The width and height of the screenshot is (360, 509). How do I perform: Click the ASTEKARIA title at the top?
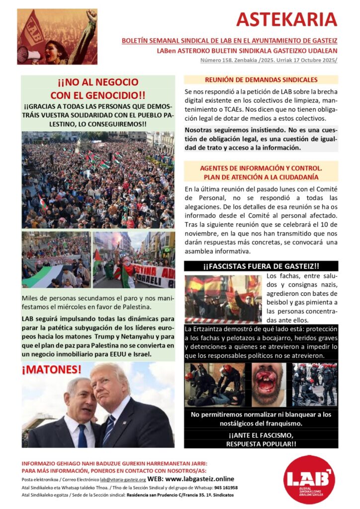click(x=286, y=19)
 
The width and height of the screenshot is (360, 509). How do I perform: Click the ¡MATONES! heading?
click(x=51, y=369)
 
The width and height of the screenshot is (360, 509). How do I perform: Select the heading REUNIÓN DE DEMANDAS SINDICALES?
click(x=261, y=80)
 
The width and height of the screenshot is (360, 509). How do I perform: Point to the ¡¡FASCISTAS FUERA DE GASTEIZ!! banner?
click(x=261, y=266)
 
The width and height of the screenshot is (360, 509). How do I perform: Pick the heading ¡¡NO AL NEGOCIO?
click(x=98, y=83)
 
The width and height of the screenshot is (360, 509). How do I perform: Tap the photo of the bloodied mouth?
click(x=269, y=385)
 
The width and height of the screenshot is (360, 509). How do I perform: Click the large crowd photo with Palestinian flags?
click(x=98, y=179)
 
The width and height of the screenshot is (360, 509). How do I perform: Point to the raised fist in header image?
click(x=91, y=15)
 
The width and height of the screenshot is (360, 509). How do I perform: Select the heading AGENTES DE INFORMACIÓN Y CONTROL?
click(x=261, y=169)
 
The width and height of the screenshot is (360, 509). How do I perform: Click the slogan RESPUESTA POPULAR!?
click(x=261, y=444)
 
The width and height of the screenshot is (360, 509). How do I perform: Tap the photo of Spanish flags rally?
click(x=223, y=298)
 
